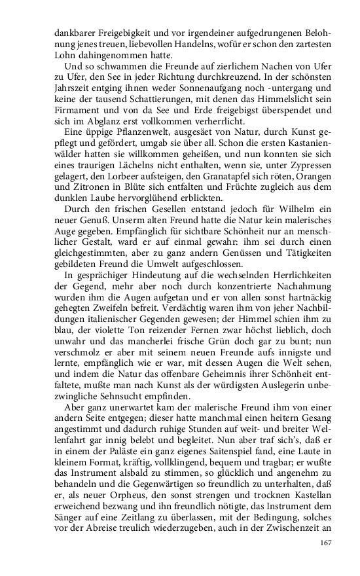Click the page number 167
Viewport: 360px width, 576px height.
click(325, 543)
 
